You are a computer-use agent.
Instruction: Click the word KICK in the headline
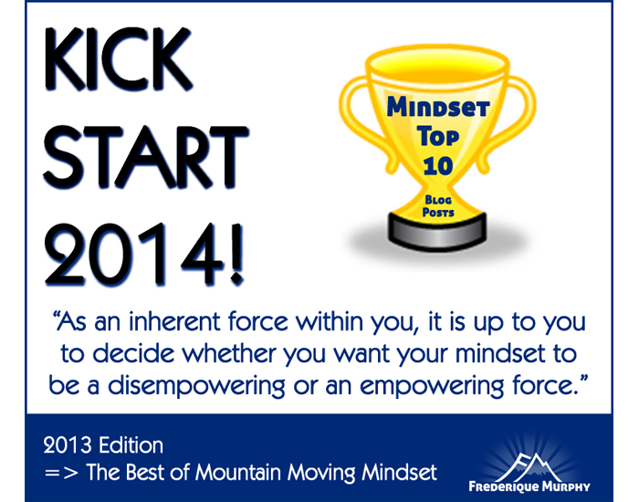(118, 59)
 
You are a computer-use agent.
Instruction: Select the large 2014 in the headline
(133, 254)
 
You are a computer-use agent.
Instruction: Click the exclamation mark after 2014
(236, 254)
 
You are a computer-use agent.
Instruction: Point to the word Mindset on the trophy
(438, 107)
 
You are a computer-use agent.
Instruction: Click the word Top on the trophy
(437, 137)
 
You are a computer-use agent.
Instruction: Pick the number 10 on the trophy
(437, 166)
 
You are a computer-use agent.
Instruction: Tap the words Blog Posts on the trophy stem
(438, 206)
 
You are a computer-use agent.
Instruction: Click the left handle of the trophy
(358, 118)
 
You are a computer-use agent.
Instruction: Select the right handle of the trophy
(518, 118)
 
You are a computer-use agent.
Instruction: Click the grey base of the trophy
(437, 232)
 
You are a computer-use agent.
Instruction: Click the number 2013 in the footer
(68, 445)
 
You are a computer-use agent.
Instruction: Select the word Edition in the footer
(131, 445)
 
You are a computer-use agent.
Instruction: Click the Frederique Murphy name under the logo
(529, 486)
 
